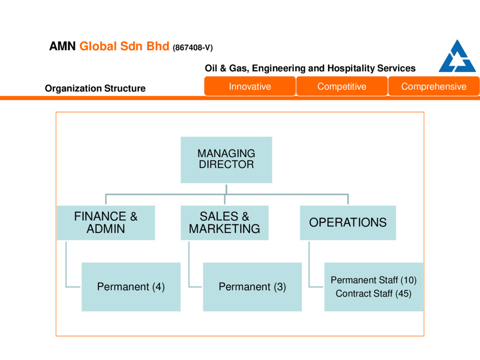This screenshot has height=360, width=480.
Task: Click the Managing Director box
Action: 226,159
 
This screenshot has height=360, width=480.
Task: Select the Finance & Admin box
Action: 105,223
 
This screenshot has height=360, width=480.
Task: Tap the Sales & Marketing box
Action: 224,223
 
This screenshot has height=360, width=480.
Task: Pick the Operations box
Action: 348,223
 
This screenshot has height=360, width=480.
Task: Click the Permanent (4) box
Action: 131,286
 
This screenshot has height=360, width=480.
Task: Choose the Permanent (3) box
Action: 252,286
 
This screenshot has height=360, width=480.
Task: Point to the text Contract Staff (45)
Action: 374,294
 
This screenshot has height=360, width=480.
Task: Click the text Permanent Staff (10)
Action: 374,280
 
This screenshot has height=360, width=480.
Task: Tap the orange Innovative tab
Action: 250,86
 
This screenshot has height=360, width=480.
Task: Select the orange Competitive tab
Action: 342,86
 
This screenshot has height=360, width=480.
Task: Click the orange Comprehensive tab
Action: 434,86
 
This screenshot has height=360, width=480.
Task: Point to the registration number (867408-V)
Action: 193,48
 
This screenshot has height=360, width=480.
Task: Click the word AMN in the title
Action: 62,47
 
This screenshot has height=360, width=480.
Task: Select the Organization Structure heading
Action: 95,88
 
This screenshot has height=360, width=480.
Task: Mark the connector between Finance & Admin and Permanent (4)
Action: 67,267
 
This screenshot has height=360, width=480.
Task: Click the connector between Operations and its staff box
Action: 309,267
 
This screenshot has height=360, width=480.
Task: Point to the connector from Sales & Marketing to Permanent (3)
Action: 188,267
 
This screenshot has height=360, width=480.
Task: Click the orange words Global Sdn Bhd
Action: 124,47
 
